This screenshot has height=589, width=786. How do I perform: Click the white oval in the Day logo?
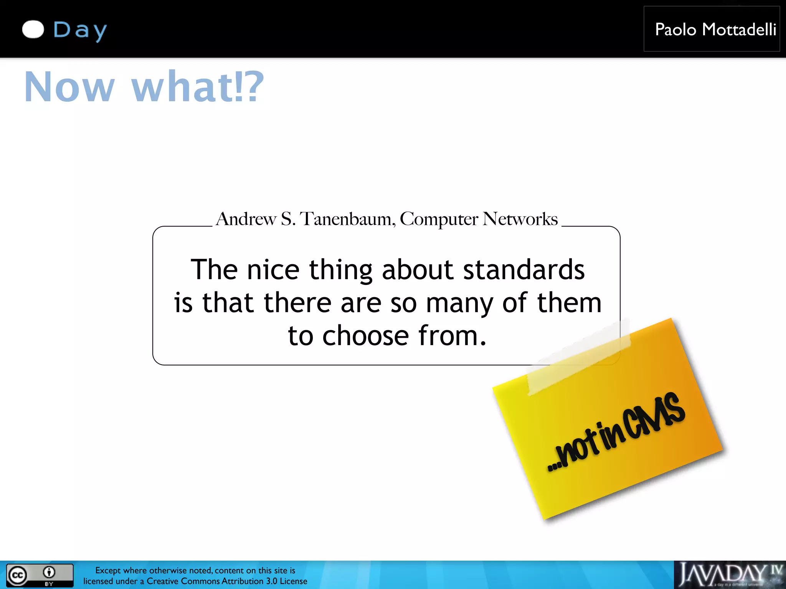click(33, 30)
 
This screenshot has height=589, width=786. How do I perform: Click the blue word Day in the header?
click(80, 30)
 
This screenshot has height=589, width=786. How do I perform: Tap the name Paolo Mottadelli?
click(715, 30)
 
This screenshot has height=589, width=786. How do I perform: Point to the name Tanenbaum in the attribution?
click(347, 219)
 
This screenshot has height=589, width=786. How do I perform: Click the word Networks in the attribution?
click(520, 219)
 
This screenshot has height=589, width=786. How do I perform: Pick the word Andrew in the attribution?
click(246, 219)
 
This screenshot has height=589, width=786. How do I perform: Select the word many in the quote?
click(459, 303)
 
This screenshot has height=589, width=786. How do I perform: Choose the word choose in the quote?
click(365, 336)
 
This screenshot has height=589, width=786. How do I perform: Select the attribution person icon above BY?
click(49, 572)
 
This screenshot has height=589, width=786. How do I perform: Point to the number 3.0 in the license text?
click(271, 581)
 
